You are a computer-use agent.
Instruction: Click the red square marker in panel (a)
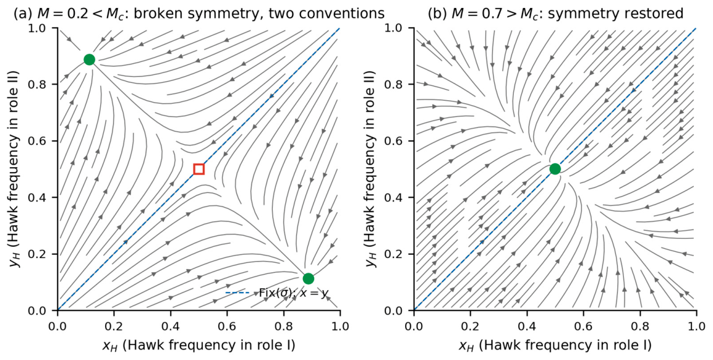tap(199, 169)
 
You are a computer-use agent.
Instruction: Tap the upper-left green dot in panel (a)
tap(89, 59)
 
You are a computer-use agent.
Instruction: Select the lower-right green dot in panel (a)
tap(309, 278)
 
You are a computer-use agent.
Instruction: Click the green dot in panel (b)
tap(555, 169)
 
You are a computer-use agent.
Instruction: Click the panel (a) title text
tap(199, 14)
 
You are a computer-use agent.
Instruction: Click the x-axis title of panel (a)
tap(199, 346)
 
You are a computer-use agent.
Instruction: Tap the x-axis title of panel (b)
tap(555, 346)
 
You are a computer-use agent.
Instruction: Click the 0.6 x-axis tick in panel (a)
tap(227, 327)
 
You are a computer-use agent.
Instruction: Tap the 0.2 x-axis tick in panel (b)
tap(470, 327)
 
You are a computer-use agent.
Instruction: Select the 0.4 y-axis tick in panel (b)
tap(399, 197)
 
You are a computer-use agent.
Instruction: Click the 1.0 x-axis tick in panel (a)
tap(340, 327)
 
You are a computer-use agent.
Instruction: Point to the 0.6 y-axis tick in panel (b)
tap(399, 141)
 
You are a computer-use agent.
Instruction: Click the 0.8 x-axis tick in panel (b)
tap(640, 327)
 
